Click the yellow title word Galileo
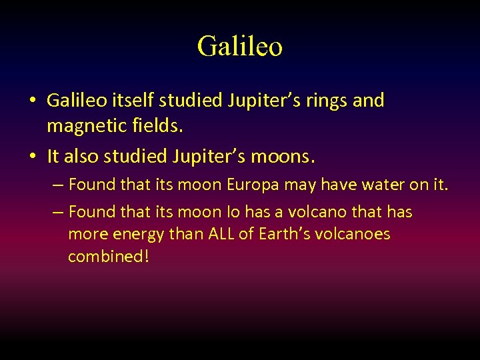[240, 46]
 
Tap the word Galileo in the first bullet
[74, 101]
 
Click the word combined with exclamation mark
[108, 257]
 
